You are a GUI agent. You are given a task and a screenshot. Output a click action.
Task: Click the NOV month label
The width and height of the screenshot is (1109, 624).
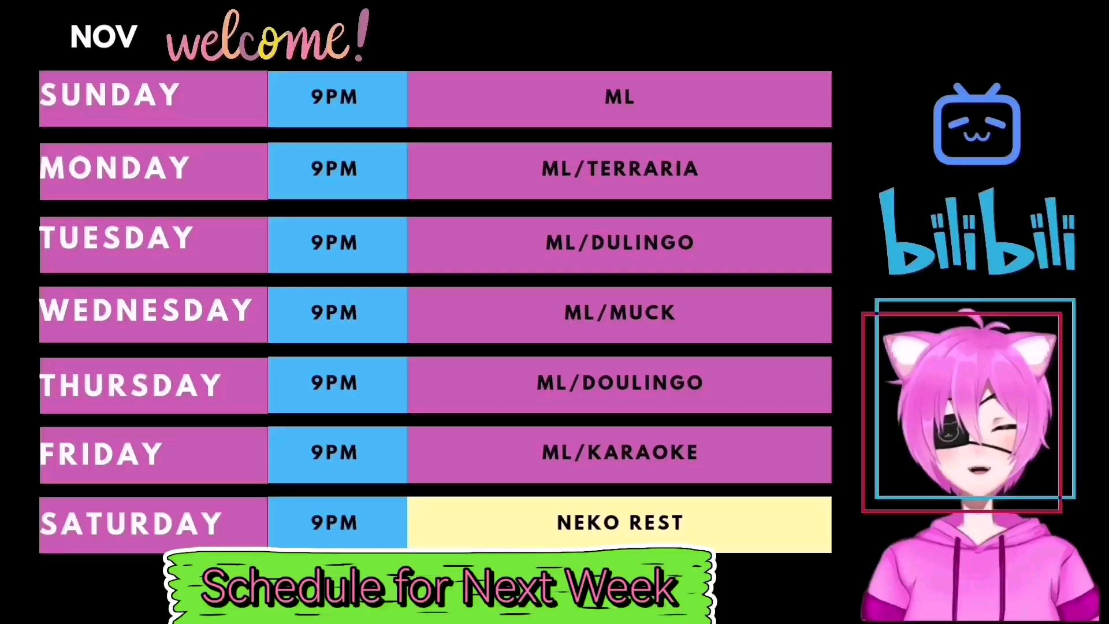(103, 37)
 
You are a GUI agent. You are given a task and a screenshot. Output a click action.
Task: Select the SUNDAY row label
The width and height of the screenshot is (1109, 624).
(110, 95)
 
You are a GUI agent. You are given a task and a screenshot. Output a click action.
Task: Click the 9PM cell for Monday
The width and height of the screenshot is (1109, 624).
(337, 171)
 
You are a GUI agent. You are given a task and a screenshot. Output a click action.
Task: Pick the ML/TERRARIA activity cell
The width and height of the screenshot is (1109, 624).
(619, 171)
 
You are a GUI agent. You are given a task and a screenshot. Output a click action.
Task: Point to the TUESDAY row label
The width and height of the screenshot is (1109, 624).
(117, 238)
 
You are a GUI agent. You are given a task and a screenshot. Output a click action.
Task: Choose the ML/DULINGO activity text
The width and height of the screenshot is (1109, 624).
(620, 243)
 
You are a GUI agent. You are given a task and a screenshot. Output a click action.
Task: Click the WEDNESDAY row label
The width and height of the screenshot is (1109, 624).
(146, 310)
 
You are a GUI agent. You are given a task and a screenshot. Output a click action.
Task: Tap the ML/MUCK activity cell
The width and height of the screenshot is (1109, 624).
(619, 315)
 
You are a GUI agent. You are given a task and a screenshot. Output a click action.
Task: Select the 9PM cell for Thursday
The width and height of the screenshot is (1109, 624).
(337, 385)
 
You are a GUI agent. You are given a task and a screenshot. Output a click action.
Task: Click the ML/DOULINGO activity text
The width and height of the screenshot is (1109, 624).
(620, 382)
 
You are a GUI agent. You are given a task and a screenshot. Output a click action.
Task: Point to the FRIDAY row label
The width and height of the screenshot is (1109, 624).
(101, 454)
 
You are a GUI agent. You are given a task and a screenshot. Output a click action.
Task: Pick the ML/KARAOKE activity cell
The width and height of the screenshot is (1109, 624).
(619, 455)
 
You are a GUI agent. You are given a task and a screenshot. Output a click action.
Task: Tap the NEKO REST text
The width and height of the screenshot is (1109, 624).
(620, 523)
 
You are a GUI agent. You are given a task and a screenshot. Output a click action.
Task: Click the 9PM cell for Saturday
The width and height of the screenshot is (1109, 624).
(337, 522)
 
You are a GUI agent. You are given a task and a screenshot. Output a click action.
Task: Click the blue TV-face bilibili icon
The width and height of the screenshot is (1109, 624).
(977, 124)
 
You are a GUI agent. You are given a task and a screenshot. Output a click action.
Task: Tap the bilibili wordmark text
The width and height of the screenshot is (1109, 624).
(977, 231)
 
